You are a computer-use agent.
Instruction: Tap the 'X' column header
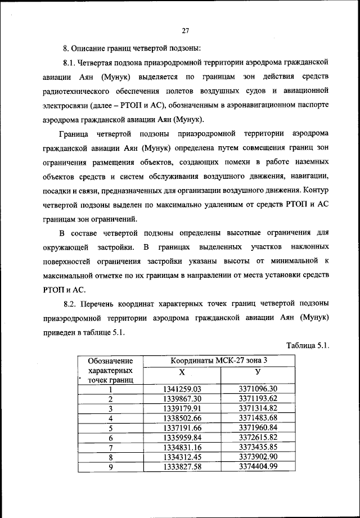tap(181, 373)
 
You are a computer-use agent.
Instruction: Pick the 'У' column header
tap(257, 373)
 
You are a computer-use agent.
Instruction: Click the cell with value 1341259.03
tap(182, 389)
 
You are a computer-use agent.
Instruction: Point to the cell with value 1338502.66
tap(182, 418)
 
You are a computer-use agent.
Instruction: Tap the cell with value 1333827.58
tap(182, 466)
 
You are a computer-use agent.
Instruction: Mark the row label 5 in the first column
tap(111, 427)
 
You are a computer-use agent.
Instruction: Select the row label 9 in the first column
tap(111, 466)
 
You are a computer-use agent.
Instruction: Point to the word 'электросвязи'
tap(65, 105)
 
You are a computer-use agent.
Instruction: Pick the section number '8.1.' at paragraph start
tap(70, 61)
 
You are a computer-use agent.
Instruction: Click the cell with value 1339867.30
tap(182, 398)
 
